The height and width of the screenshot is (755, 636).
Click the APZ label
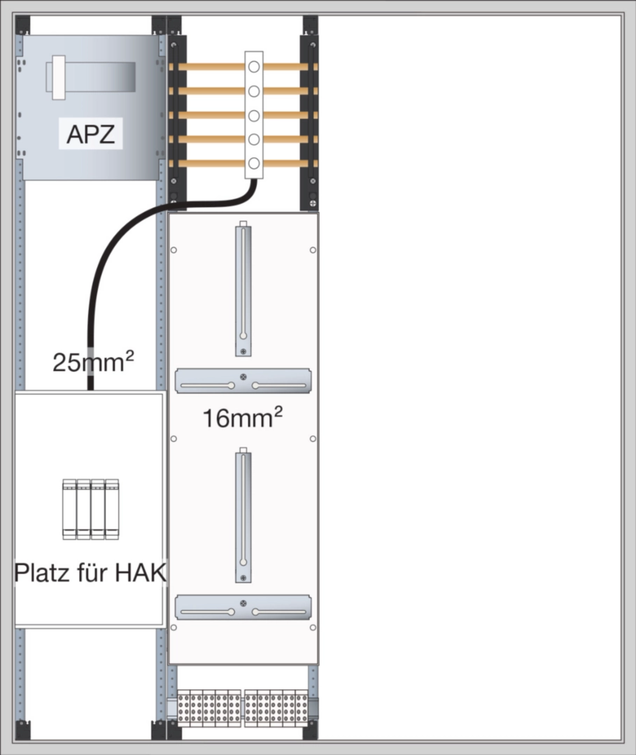tap(91, 134)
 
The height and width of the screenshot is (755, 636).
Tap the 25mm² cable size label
tap(93, 363)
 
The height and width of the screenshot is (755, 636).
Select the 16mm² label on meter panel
tap(243, 419)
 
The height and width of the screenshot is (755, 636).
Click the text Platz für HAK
tap(90, 573)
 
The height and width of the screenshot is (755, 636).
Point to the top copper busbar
tap(210, 67)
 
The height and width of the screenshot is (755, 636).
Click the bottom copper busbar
tap(210, 164)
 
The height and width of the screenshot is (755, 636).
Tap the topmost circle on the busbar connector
tap(253, 67)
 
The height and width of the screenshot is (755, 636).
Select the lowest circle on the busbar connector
tap(253, 164)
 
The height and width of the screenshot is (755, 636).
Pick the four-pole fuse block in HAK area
tap(90, 509)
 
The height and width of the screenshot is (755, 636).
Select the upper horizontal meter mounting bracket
tap(243, 381)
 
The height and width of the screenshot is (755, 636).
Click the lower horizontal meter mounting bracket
tap(243, 607)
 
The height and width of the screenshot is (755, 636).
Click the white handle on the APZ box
tap(55, 77)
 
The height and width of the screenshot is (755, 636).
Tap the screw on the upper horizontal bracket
tap(243, 377)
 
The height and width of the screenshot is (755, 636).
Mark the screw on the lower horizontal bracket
tap(243, 603)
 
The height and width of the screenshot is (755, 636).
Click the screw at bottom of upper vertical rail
tap(243, 351)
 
